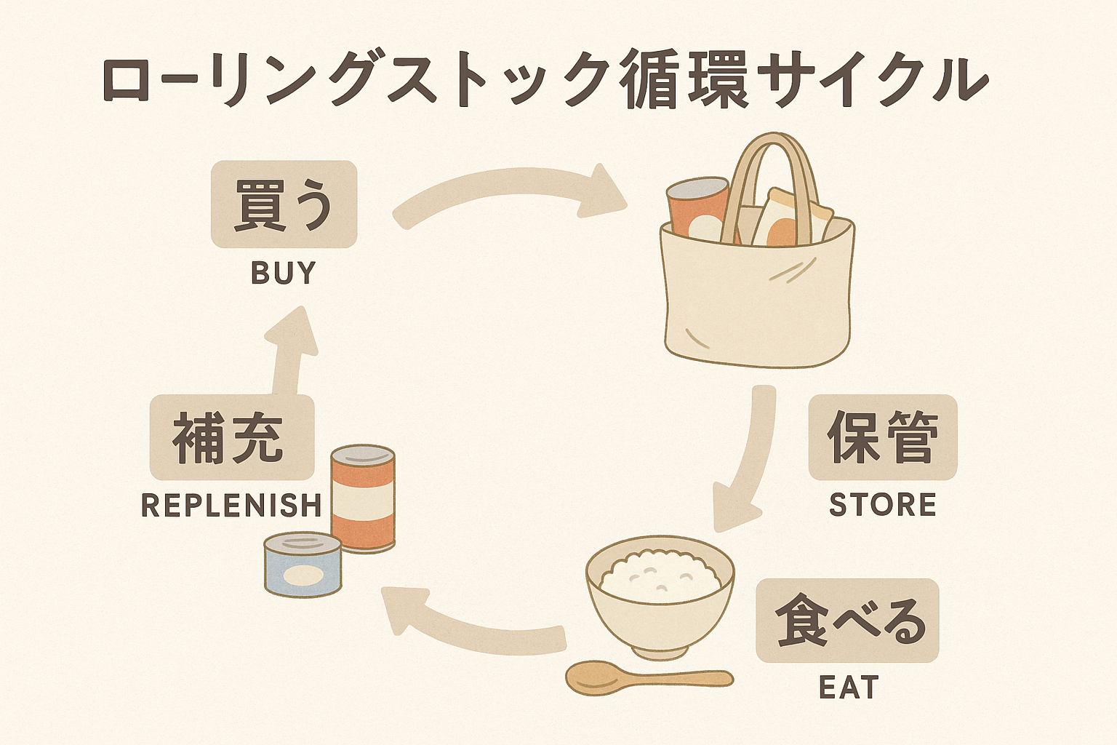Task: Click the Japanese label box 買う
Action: [284, 204]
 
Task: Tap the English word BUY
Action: [284, 273]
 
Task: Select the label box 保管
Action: [882, 437]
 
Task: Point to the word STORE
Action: [882, 505]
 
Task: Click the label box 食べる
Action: [847, 621]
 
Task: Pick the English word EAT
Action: [849, 688]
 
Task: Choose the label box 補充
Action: [231, 437]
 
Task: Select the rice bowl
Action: [660, 595]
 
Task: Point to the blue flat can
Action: [303, 565]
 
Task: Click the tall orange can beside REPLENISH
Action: [363, 498]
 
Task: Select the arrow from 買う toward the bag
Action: [509, 193]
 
